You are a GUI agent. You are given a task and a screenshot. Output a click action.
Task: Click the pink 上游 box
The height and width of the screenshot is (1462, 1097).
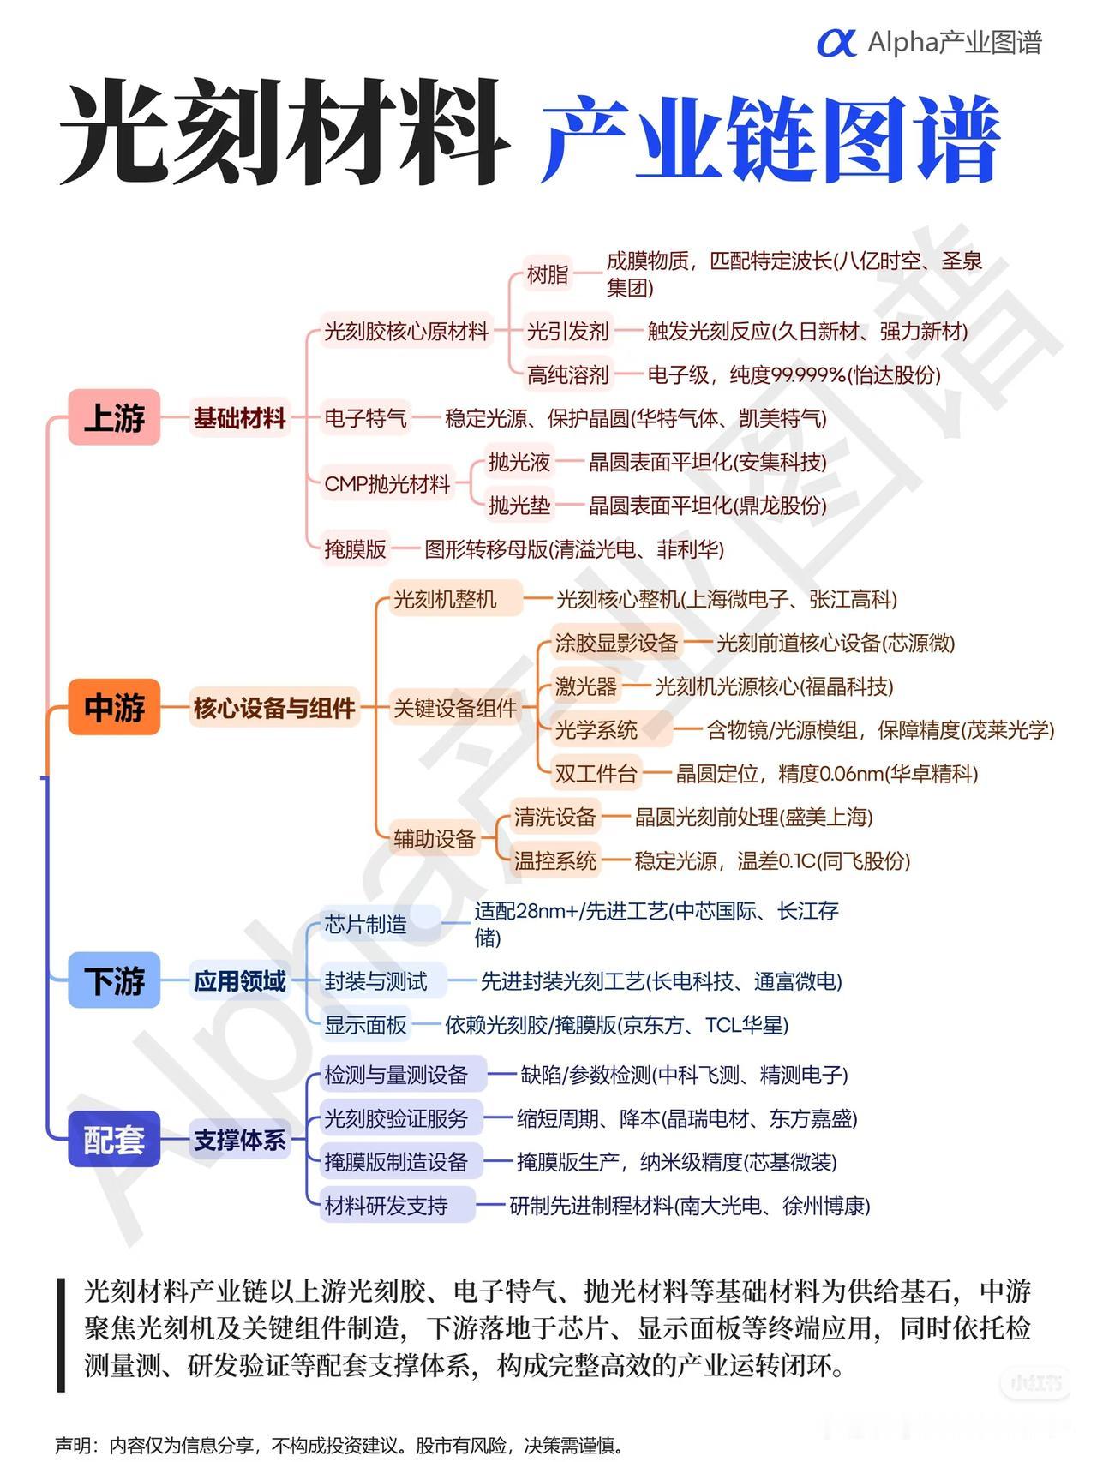(114, 417)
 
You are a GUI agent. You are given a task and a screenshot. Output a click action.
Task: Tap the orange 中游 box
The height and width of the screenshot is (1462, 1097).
(114, 707)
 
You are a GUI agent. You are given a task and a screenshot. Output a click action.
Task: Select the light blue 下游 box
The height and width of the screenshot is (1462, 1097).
(114, 980)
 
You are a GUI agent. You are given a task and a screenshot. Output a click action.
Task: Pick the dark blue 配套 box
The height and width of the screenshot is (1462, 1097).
(114, 1139)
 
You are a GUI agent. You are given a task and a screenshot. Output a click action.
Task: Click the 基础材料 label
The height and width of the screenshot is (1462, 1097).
(239, 418)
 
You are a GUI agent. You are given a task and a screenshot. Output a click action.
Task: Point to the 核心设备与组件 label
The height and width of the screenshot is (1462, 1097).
(274, 708)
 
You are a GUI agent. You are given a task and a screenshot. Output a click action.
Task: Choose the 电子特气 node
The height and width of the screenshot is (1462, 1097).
(365, 418)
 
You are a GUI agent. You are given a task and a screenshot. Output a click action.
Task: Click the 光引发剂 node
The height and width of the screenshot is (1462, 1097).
(567, 331)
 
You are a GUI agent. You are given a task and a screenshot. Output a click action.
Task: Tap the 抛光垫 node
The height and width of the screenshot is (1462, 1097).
(519, 506)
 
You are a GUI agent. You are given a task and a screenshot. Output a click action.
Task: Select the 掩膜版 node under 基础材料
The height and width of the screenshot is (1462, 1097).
(356, 549)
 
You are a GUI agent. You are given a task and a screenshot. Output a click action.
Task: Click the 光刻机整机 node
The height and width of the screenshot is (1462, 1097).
(445, 599)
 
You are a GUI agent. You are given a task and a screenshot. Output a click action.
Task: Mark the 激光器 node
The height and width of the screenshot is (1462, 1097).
(586, 686)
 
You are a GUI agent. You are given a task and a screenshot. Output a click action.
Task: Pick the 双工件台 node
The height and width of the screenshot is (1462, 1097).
(596, 774)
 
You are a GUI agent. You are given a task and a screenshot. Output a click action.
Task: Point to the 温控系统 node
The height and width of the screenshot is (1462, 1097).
(554, 860)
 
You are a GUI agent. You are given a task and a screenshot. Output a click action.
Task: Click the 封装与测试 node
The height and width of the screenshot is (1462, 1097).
(375, 981)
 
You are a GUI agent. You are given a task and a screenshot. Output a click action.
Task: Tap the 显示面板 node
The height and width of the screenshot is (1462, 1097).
(365, 1025)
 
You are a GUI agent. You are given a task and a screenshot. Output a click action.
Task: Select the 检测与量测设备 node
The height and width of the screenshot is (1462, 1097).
(396, 1075)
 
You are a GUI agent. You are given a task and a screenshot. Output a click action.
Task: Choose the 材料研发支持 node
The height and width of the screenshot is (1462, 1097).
(386, 1206)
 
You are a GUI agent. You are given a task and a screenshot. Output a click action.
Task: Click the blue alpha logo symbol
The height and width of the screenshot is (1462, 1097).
(836, 42)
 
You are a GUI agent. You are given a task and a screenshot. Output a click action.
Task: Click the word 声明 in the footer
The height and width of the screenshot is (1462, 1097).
(72, 1446)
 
